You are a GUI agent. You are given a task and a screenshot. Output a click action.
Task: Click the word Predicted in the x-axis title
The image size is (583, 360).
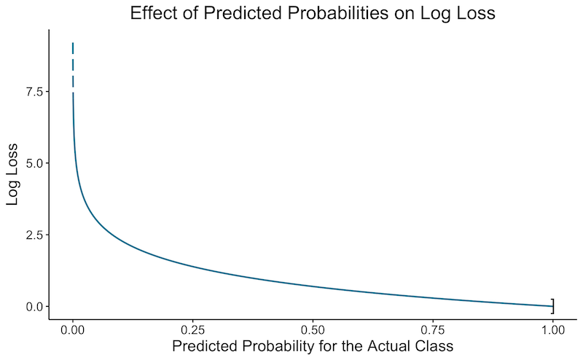[x=203, y=347]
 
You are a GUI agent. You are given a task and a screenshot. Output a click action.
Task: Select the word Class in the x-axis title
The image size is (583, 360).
[x=434, y=347]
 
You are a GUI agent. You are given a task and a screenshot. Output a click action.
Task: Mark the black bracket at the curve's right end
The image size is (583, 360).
[x=552, y=306]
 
